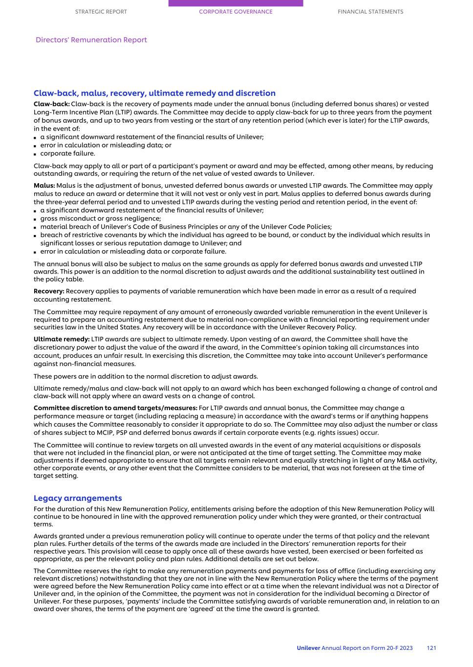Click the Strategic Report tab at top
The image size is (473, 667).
(101, 12)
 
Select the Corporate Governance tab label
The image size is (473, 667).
(236, 12)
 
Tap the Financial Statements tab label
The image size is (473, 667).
(370, 12)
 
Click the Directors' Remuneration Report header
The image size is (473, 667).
(91, 40)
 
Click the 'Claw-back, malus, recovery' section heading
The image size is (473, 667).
(154, 93)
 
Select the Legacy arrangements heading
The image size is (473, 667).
(78, 498)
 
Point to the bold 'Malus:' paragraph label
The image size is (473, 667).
(44, 186)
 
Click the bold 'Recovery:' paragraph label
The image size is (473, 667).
(49, 291)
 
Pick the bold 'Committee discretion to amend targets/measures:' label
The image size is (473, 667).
(115, 408)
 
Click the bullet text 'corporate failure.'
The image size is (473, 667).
(67, 153)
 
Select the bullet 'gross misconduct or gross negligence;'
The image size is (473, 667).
(100, 218)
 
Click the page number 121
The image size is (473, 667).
(431, 648)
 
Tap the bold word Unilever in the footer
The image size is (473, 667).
(308, 648)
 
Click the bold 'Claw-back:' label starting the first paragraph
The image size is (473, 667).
(51, 104)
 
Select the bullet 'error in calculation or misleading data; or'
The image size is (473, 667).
(106, 145)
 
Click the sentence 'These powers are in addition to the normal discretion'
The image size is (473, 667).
(146, 376)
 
